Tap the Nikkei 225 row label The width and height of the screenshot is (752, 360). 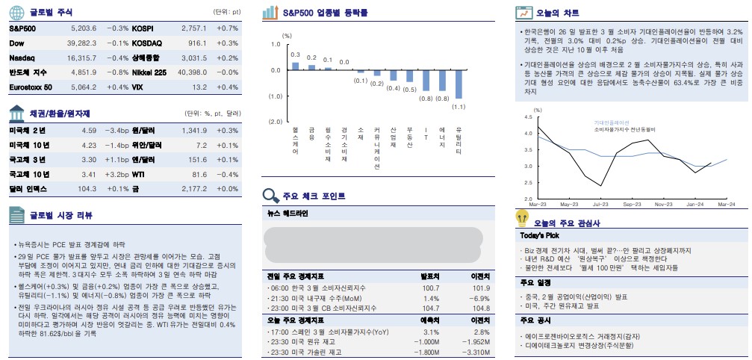pyautogui.click(x=149, y=72)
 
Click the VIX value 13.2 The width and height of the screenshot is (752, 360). pyautogui.click(x=199, y=87)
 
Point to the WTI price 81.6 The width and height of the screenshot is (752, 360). pyautogui.click(x=199, y=174)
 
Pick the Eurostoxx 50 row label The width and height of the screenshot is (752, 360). pyautogui.click(x=31, y=87)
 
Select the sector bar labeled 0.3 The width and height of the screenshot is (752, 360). pyautogui.click(x=295, y=66)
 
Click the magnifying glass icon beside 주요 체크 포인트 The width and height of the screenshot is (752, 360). pyautogui.click(x=271, y=196)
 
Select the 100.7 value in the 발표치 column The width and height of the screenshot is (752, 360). pyautogui.click(x=430, y=288)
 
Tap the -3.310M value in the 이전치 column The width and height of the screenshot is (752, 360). pyautogui.click(x=475, y=353)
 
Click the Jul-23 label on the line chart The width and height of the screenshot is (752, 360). pyautogui.click(x=600, y=204)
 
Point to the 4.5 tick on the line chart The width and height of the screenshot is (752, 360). pyautogui.click(x=528, y=117)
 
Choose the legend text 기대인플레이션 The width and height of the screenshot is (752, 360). pyautogui.click(x=612, y=122)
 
